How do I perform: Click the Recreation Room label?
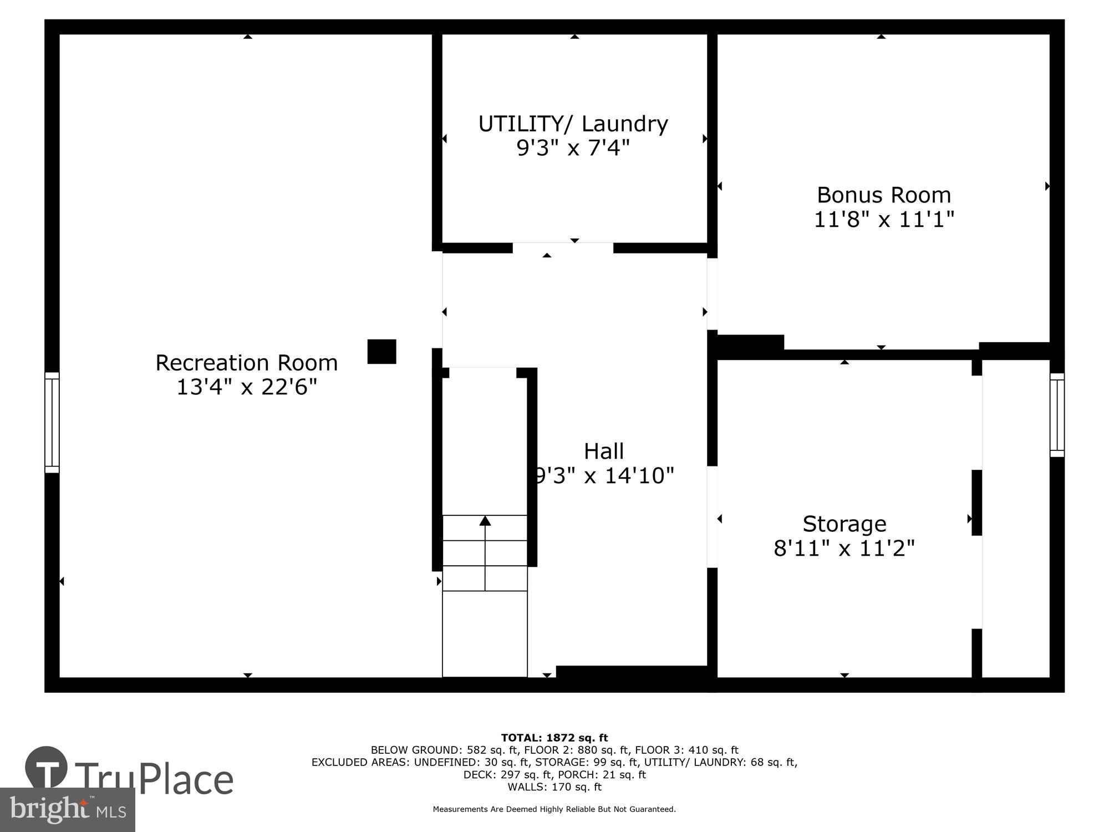click(246, 363)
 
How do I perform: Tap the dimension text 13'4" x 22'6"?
click(246, 387)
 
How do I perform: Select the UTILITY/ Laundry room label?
click(573, 124)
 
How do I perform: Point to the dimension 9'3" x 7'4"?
click(573, 148)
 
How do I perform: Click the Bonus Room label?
click(884, 195)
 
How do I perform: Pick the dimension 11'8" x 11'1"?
click(884, 220)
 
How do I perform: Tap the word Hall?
click(604, 451)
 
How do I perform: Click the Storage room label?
click(844, 524)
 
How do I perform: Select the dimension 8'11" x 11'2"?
click(844, 549)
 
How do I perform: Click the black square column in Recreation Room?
click(381, 352)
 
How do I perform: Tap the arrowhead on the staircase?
click(485, 520)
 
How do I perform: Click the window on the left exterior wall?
click(52, 423)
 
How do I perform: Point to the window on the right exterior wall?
click(1057, 415)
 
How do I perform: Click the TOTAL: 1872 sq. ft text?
click(554, 738)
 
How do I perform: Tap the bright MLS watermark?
click(68, 810)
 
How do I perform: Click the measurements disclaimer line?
click(554, 809)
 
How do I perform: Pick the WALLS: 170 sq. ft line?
click(554, 787)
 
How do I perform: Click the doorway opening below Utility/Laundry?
click(563, 248)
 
